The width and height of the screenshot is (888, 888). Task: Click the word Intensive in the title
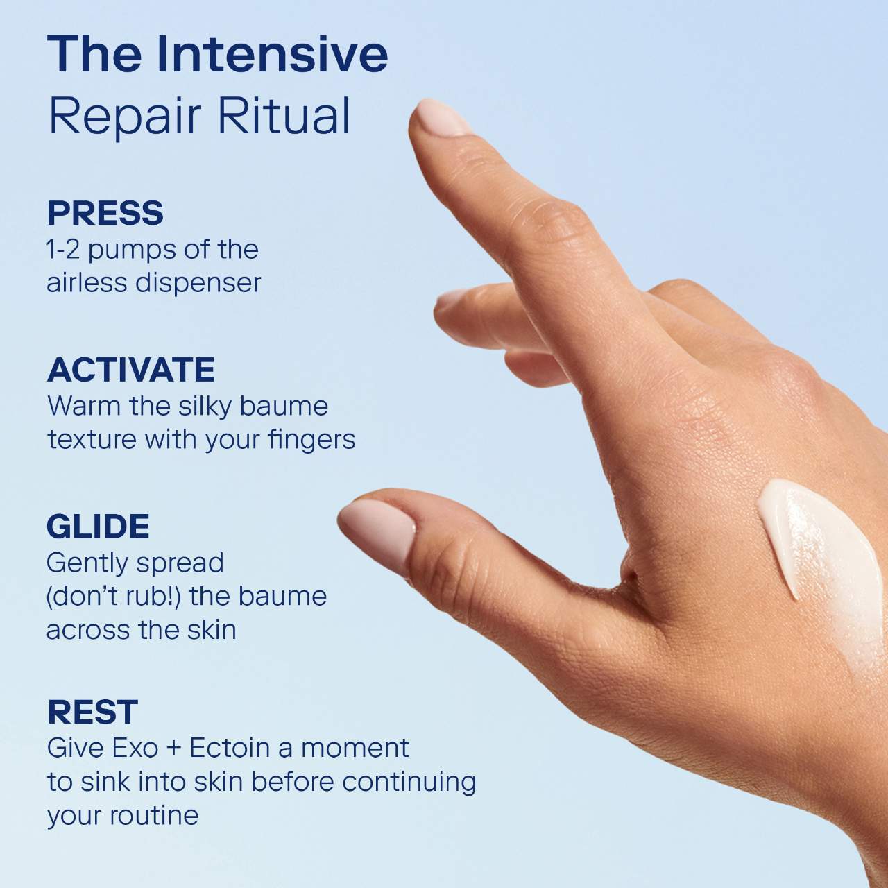(x=272, y=54)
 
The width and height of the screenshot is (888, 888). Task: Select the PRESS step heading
(x=105, y=213)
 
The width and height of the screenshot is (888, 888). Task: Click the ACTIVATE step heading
(x=131, y=369)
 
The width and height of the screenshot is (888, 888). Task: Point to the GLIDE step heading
(x=98, y=527)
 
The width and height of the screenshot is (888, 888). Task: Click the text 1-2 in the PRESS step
(x=62, y=250)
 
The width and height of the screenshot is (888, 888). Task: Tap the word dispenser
(x=198, y=284)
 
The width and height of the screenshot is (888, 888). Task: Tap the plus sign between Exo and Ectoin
(x=173, y=749)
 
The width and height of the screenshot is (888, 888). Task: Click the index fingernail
(x=441, y=119)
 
